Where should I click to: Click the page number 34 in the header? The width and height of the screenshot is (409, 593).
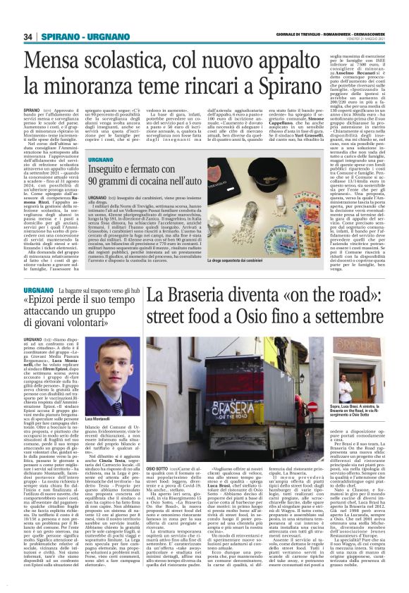[x=28, y=37]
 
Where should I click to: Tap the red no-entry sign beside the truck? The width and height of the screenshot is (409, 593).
[x=331, y=406]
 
